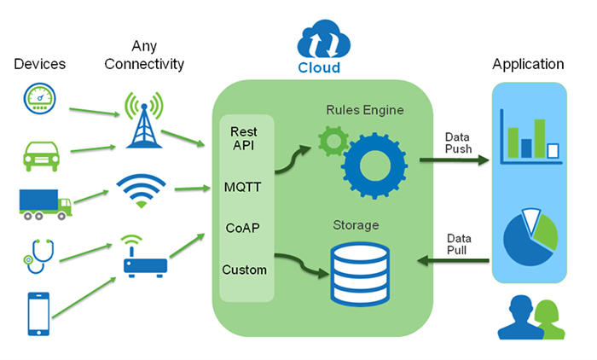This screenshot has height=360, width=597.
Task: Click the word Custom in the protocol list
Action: [x=245, y=270]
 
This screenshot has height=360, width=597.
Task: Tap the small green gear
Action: [x=329, y=142]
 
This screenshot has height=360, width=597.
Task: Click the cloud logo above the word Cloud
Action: [x=319, y=43]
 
